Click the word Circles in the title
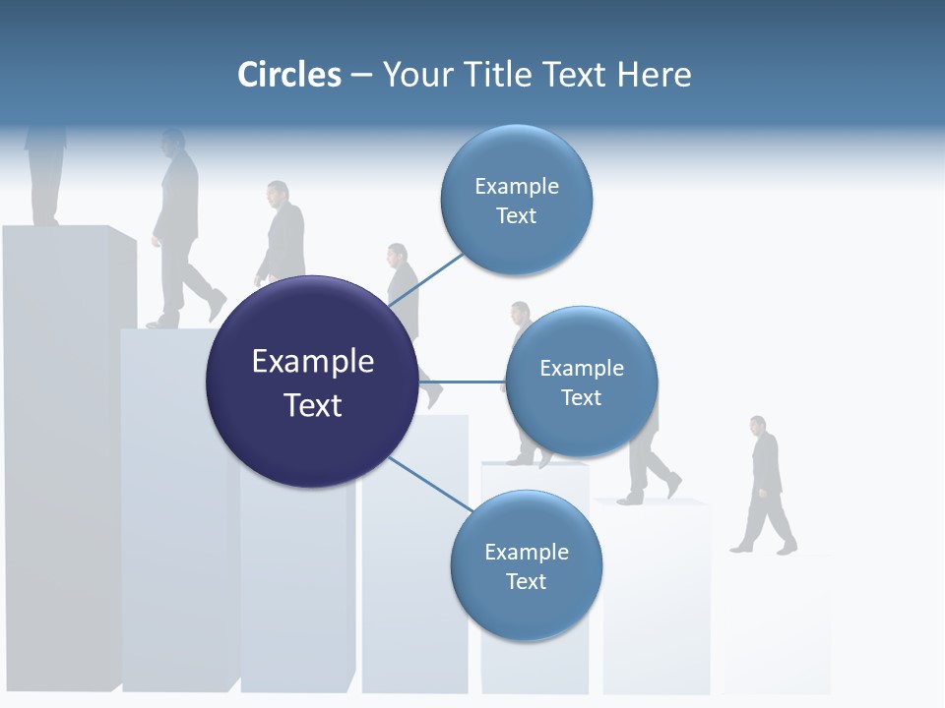coord(289,75)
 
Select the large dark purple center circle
coord(312,382)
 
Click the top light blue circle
coord(516,201)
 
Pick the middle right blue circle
coord(581,382)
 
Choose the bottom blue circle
coord(526,565)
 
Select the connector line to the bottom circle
coord(428,484)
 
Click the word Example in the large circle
coord(312,361)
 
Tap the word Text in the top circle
coord(516,216)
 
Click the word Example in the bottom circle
coord(526,552)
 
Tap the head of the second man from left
coord(174,143)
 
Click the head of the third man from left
coord(279,193)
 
